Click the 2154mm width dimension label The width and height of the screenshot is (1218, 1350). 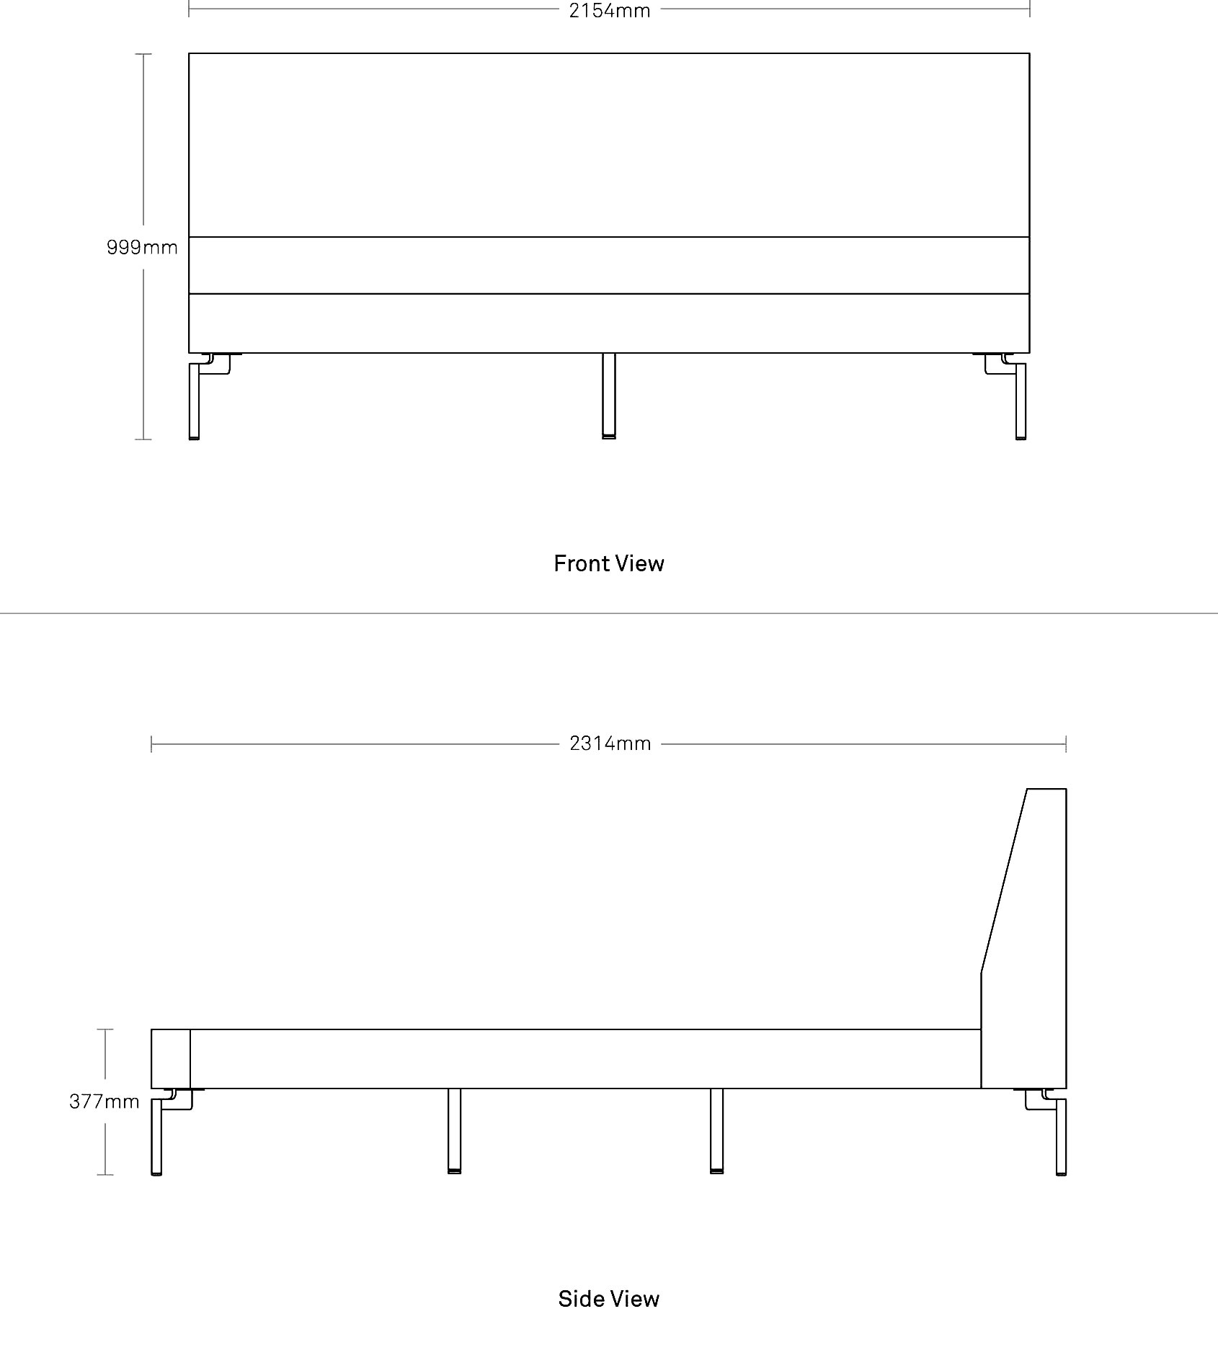coord(610,10)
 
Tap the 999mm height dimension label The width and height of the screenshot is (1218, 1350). coord(142,247)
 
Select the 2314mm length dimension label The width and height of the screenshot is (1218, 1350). coord(610,743)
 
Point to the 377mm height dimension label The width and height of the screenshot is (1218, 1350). coord(105,1101)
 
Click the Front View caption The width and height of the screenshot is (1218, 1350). coord(609,563)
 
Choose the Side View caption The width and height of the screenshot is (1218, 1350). coord(609,1299)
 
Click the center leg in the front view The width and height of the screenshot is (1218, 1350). coord(609,395)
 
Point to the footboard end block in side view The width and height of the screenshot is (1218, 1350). coord(171,1058)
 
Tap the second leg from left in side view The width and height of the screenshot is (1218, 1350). coord(454,1130)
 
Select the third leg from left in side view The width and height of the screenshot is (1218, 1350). coord(716,1130)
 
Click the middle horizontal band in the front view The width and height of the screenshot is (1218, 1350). coord(609,265)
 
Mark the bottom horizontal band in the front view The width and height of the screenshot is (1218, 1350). coord(609,323)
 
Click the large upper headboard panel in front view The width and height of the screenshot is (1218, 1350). coord(609,145)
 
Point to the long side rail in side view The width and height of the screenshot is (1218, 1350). coord(585,1058)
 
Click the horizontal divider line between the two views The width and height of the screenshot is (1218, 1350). coord(609,613)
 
